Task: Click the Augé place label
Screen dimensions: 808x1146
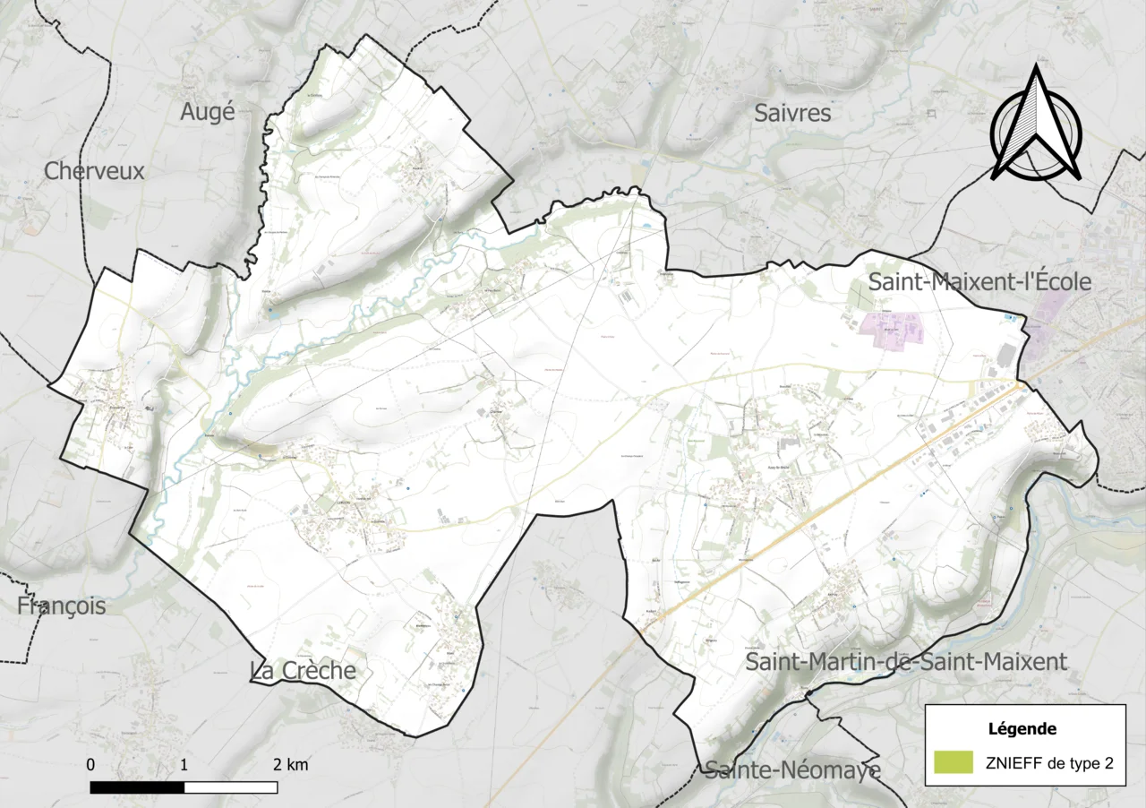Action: coord(207,112)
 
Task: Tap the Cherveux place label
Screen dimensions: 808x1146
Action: coord(94,171)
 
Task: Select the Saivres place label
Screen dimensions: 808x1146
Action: coord(792,113)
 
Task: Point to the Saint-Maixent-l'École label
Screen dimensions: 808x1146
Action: coord(980,282)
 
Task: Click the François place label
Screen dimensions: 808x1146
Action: coord(61,606)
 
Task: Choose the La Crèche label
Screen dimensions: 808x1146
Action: coord(303,671)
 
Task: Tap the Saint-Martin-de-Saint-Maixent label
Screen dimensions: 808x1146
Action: coord(906,662)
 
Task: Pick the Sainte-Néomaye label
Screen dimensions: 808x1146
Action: coord(792,769)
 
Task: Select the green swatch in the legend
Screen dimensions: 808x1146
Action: coord(953,762)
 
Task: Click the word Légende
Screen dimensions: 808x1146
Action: coord(1022,728)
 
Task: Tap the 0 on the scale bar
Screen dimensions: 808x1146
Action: coord(91,765)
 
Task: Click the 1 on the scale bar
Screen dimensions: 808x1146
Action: coord(184,765)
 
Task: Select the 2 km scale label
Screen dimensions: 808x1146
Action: coord(291,765)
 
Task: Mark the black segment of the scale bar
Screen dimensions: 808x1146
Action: coord(137,787)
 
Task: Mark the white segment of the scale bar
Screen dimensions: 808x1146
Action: coord(230,787)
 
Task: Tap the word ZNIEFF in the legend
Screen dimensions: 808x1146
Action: coord(1010,763)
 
